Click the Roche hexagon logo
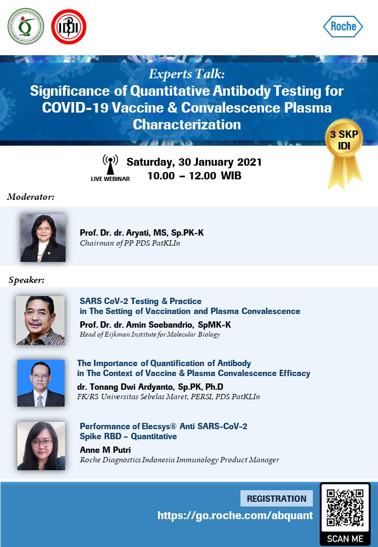[343, 26]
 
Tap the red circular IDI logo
[69, 27]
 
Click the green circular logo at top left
[26, 26]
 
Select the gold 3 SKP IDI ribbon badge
[344, 154]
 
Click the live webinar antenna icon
[110, 164]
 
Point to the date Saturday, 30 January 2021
[194, 162]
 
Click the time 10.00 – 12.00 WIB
[194, 176]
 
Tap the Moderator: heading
[30, 197]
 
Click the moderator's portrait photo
[43, 238]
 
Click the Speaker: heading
[27, 280]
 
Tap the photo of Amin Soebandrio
[40, 321]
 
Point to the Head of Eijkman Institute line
[150, 335]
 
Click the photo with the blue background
[41, 383]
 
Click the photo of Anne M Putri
[41, 446]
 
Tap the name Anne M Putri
[105, 450]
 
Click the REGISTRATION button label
[276, 499]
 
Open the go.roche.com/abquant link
[235, 515]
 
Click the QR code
[345, 508]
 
